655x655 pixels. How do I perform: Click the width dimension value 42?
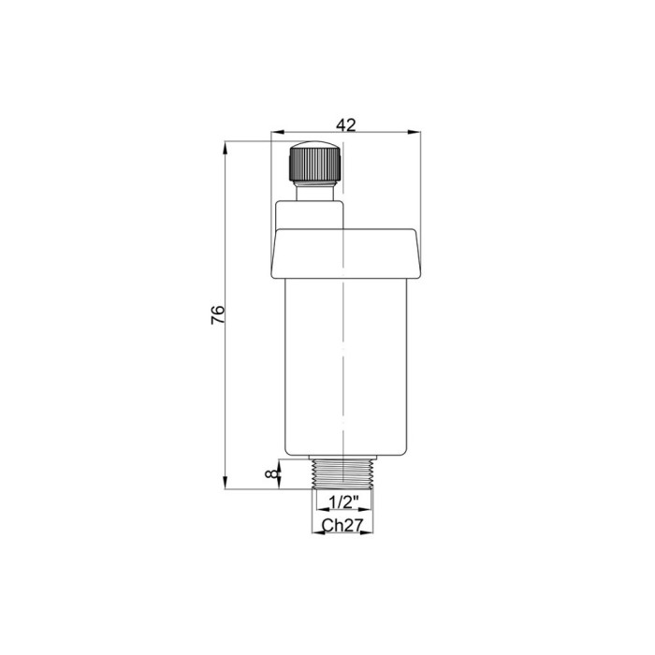tap(346, 124)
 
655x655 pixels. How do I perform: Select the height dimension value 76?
tap(218, 315)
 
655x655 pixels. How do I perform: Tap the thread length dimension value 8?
tap(272, 473)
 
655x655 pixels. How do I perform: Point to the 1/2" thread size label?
tap(343, 502)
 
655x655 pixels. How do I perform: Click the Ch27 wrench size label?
tap(342, 525)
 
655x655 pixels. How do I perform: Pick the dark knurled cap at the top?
tap(316, 162)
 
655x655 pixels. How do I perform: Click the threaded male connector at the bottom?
tap(342, 473)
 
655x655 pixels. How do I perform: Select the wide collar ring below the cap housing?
tap(346, 254)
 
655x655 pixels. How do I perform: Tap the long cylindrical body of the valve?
tap(346, 367)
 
